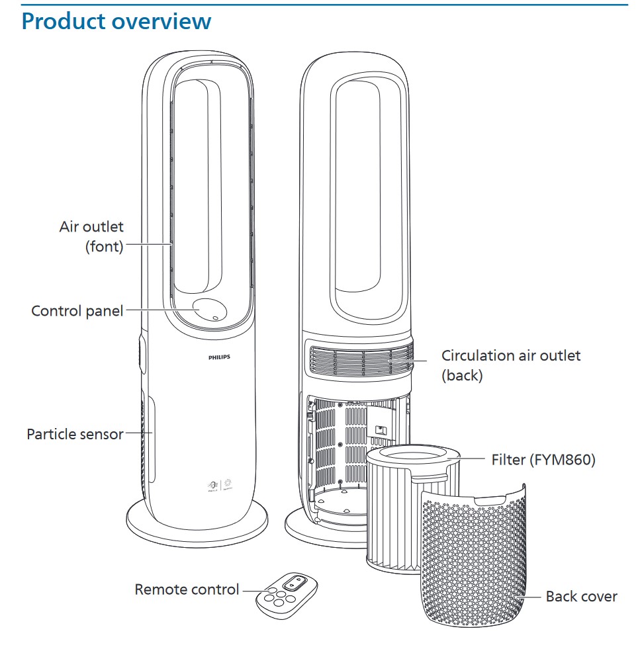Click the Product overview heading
pyautogui.click(x=116, y=21)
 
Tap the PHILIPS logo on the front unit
pyautogui.click(x=220, y=357)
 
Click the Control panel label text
pyautogui.click(x=77, y=310)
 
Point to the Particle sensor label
pyautogui.click(x=75, y=434)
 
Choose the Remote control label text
pyautogui.click(x=187, y=589)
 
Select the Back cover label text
pyautogui.click(x=581, y=596)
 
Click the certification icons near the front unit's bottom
pyautogui.click(x=218, y=485)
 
